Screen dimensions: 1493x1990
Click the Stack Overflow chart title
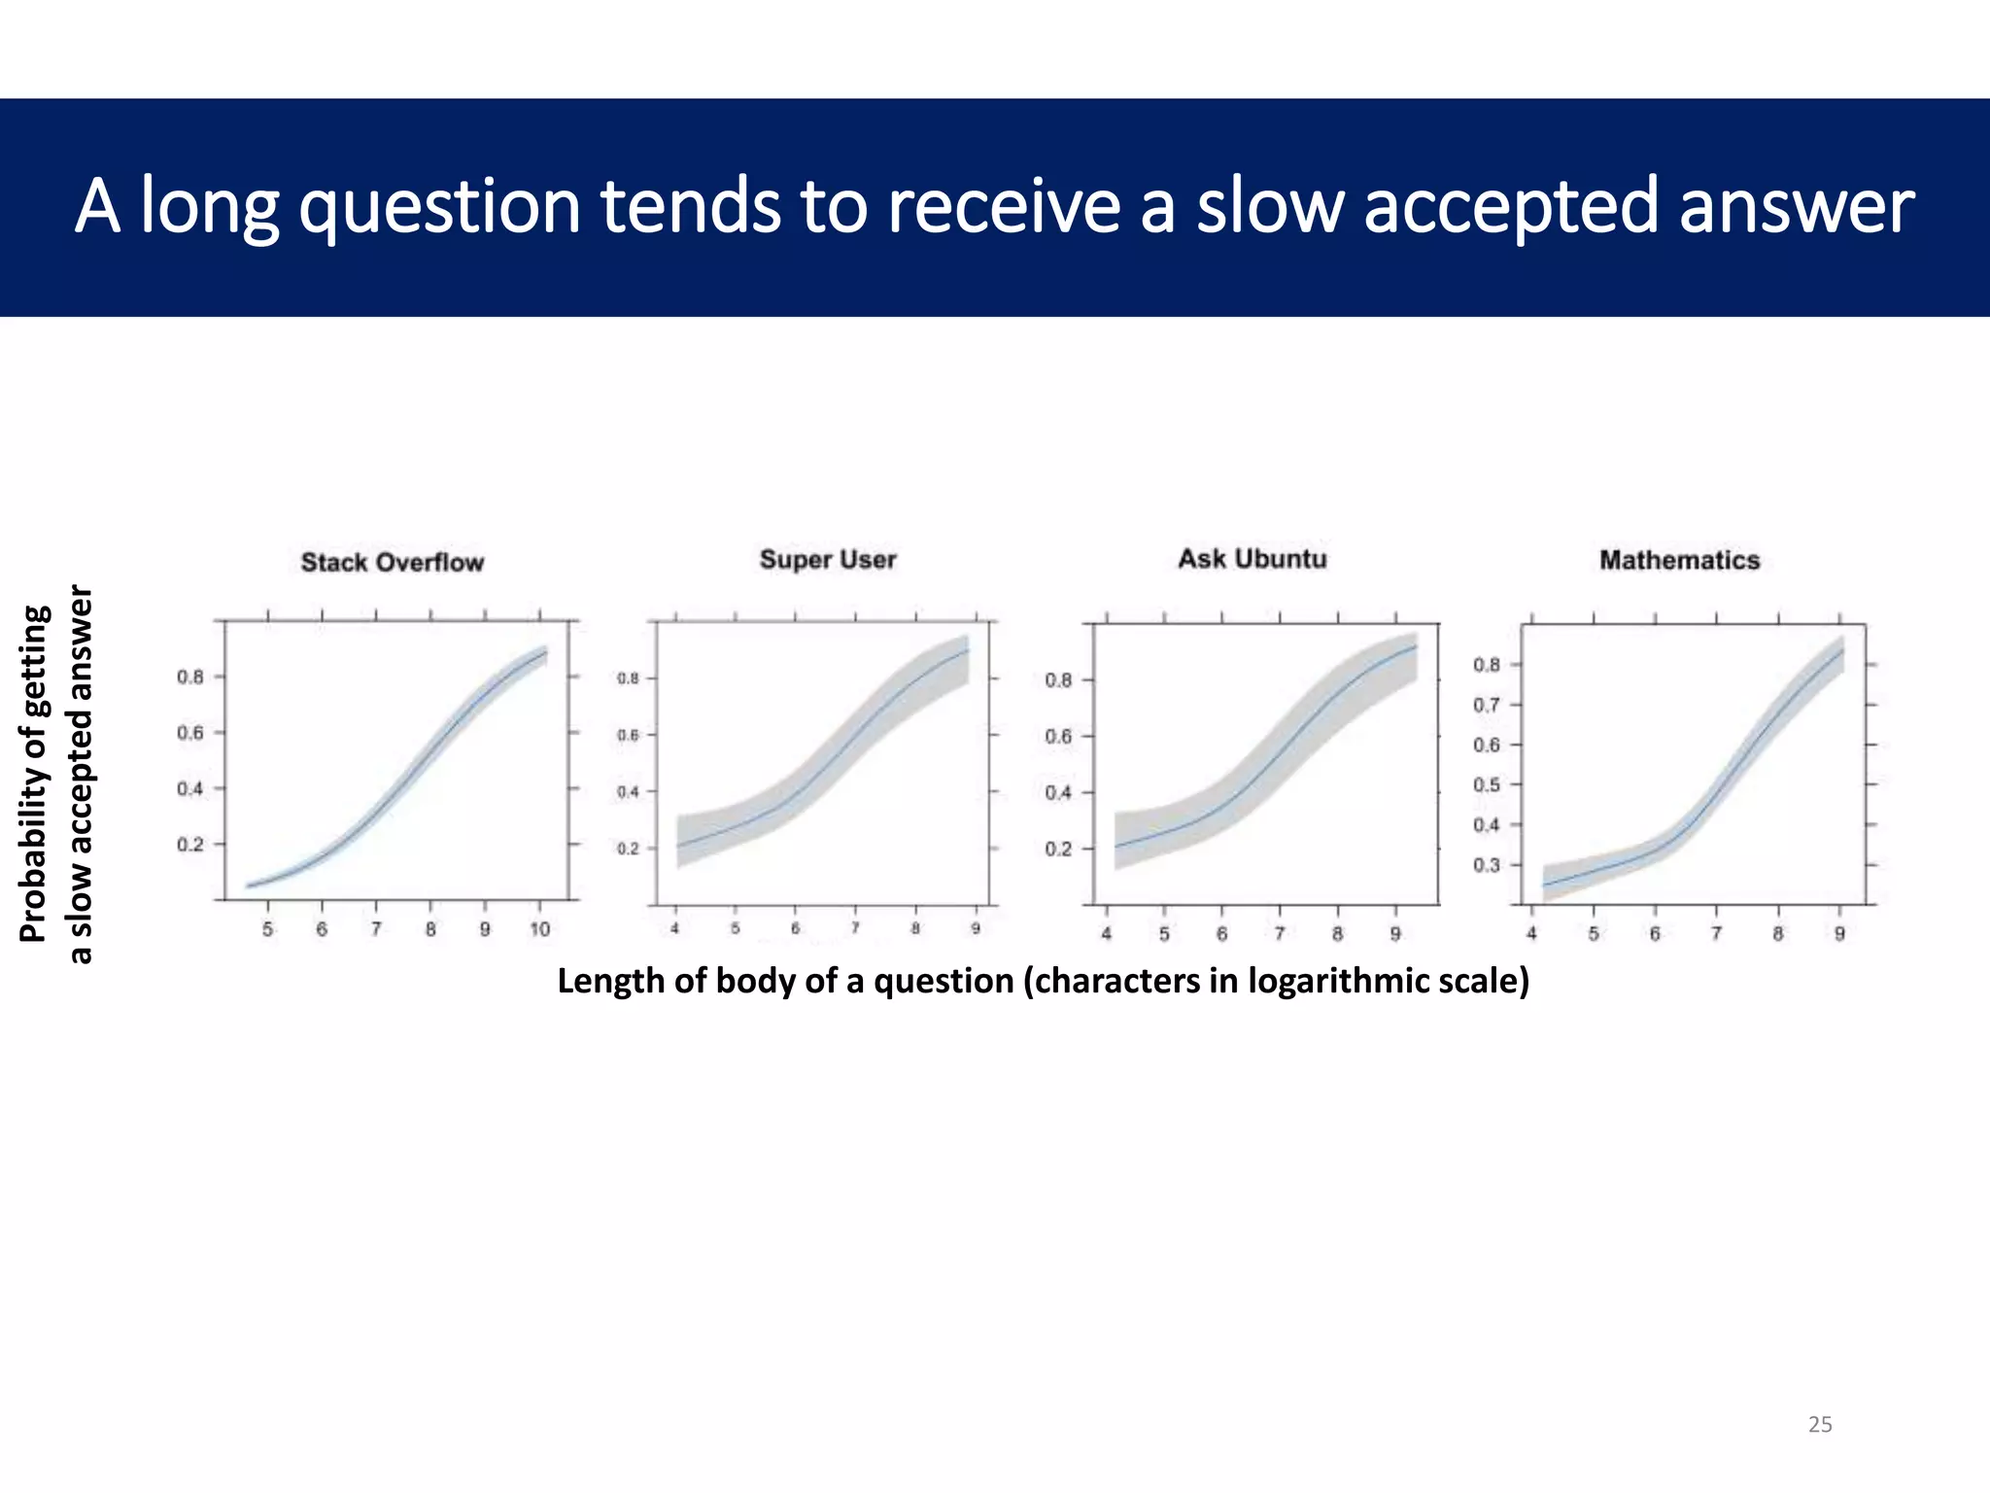pos(392,563)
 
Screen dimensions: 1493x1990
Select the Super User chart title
pos(827,560)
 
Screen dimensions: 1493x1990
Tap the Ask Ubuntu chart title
pos(1252,559)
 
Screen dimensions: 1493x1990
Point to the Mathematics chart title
pos(1679,561)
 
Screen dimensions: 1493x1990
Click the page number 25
pos(1819,1425)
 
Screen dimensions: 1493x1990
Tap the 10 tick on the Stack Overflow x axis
pos(539,930)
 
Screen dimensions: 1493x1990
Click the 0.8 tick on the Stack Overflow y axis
pos(190,677)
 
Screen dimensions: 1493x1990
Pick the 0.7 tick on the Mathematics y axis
pos(1487,705)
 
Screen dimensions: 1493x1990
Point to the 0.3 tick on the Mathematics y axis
pos(1487,865)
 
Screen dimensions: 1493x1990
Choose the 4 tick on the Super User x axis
pos(675,929)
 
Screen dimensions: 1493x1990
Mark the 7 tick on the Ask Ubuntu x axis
pos(1280,934)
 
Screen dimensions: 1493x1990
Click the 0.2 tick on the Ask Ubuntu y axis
pos(1058,850)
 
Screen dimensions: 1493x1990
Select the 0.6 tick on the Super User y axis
pos(628,736)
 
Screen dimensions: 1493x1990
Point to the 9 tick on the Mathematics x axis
pos(1839,934)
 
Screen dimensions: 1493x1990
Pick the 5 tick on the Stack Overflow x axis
pos(268,930)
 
